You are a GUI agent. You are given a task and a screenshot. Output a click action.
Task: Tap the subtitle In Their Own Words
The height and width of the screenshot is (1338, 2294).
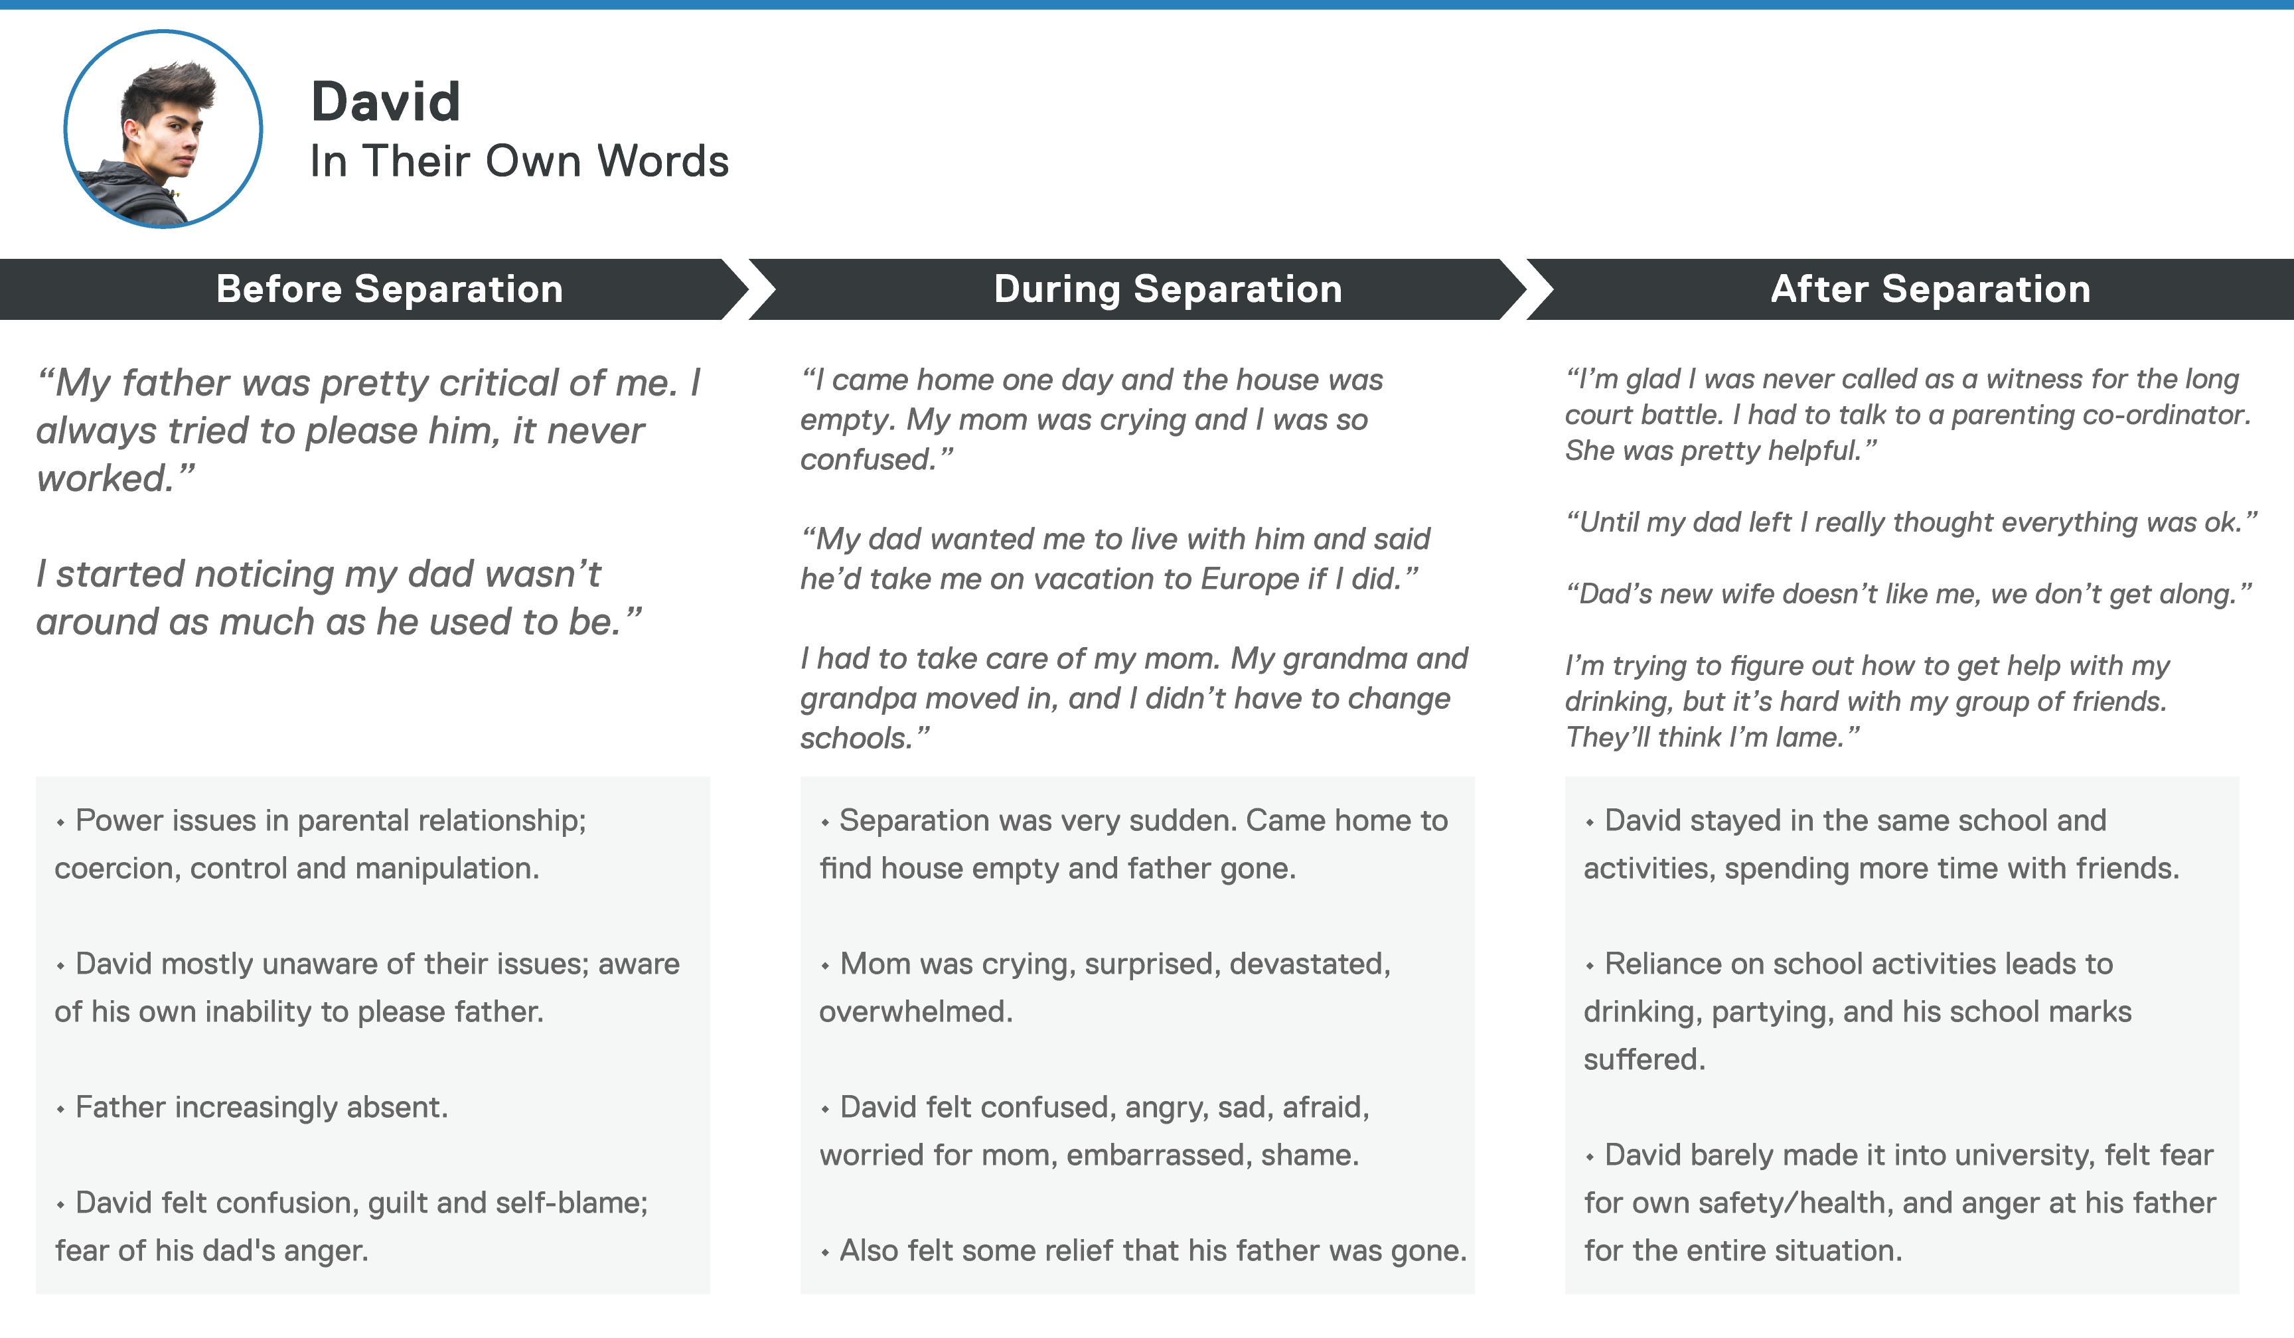[x=519, y=161]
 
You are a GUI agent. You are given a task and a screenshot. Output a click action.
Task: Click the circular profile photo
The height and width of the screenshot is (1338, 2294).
[x=163, y=129]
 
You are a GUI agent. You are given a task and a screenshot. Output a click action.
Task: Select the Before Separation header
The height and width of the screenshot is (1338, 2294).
[x=390, y=289]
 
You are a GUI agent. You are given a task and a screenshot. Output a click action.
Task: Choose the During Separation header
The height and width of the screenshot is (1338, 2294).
[x=1168, y=289]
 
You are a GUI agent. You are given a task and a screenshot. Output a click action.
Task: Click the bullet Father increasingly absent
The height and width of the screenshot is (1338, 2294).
[x=252, y=1108]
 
